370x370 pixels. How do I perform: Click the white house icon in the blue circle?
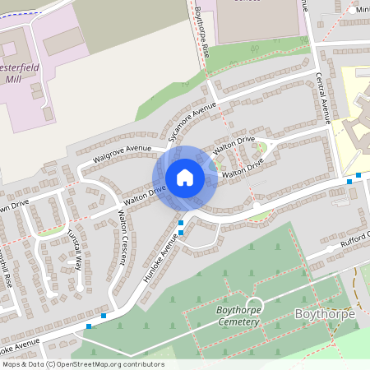pos(185,177)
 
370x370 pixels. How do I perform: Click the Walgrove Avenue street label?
pos(123,151)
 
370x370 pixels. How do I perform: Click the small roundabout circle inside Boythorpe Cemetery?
pos(253,304)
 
